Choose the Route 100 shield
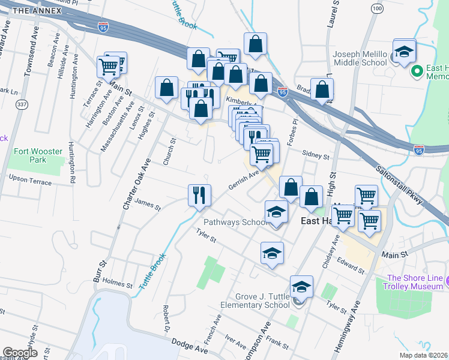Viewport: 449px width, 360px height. click(x=376, y=8)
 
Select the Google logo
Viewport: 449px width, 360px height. click(x=20, y=353)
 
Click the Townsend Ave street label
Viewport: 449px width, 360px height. click(x=28, y=57)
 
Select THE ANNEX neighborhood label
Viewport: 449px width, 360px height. click(x=36, y=11)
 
